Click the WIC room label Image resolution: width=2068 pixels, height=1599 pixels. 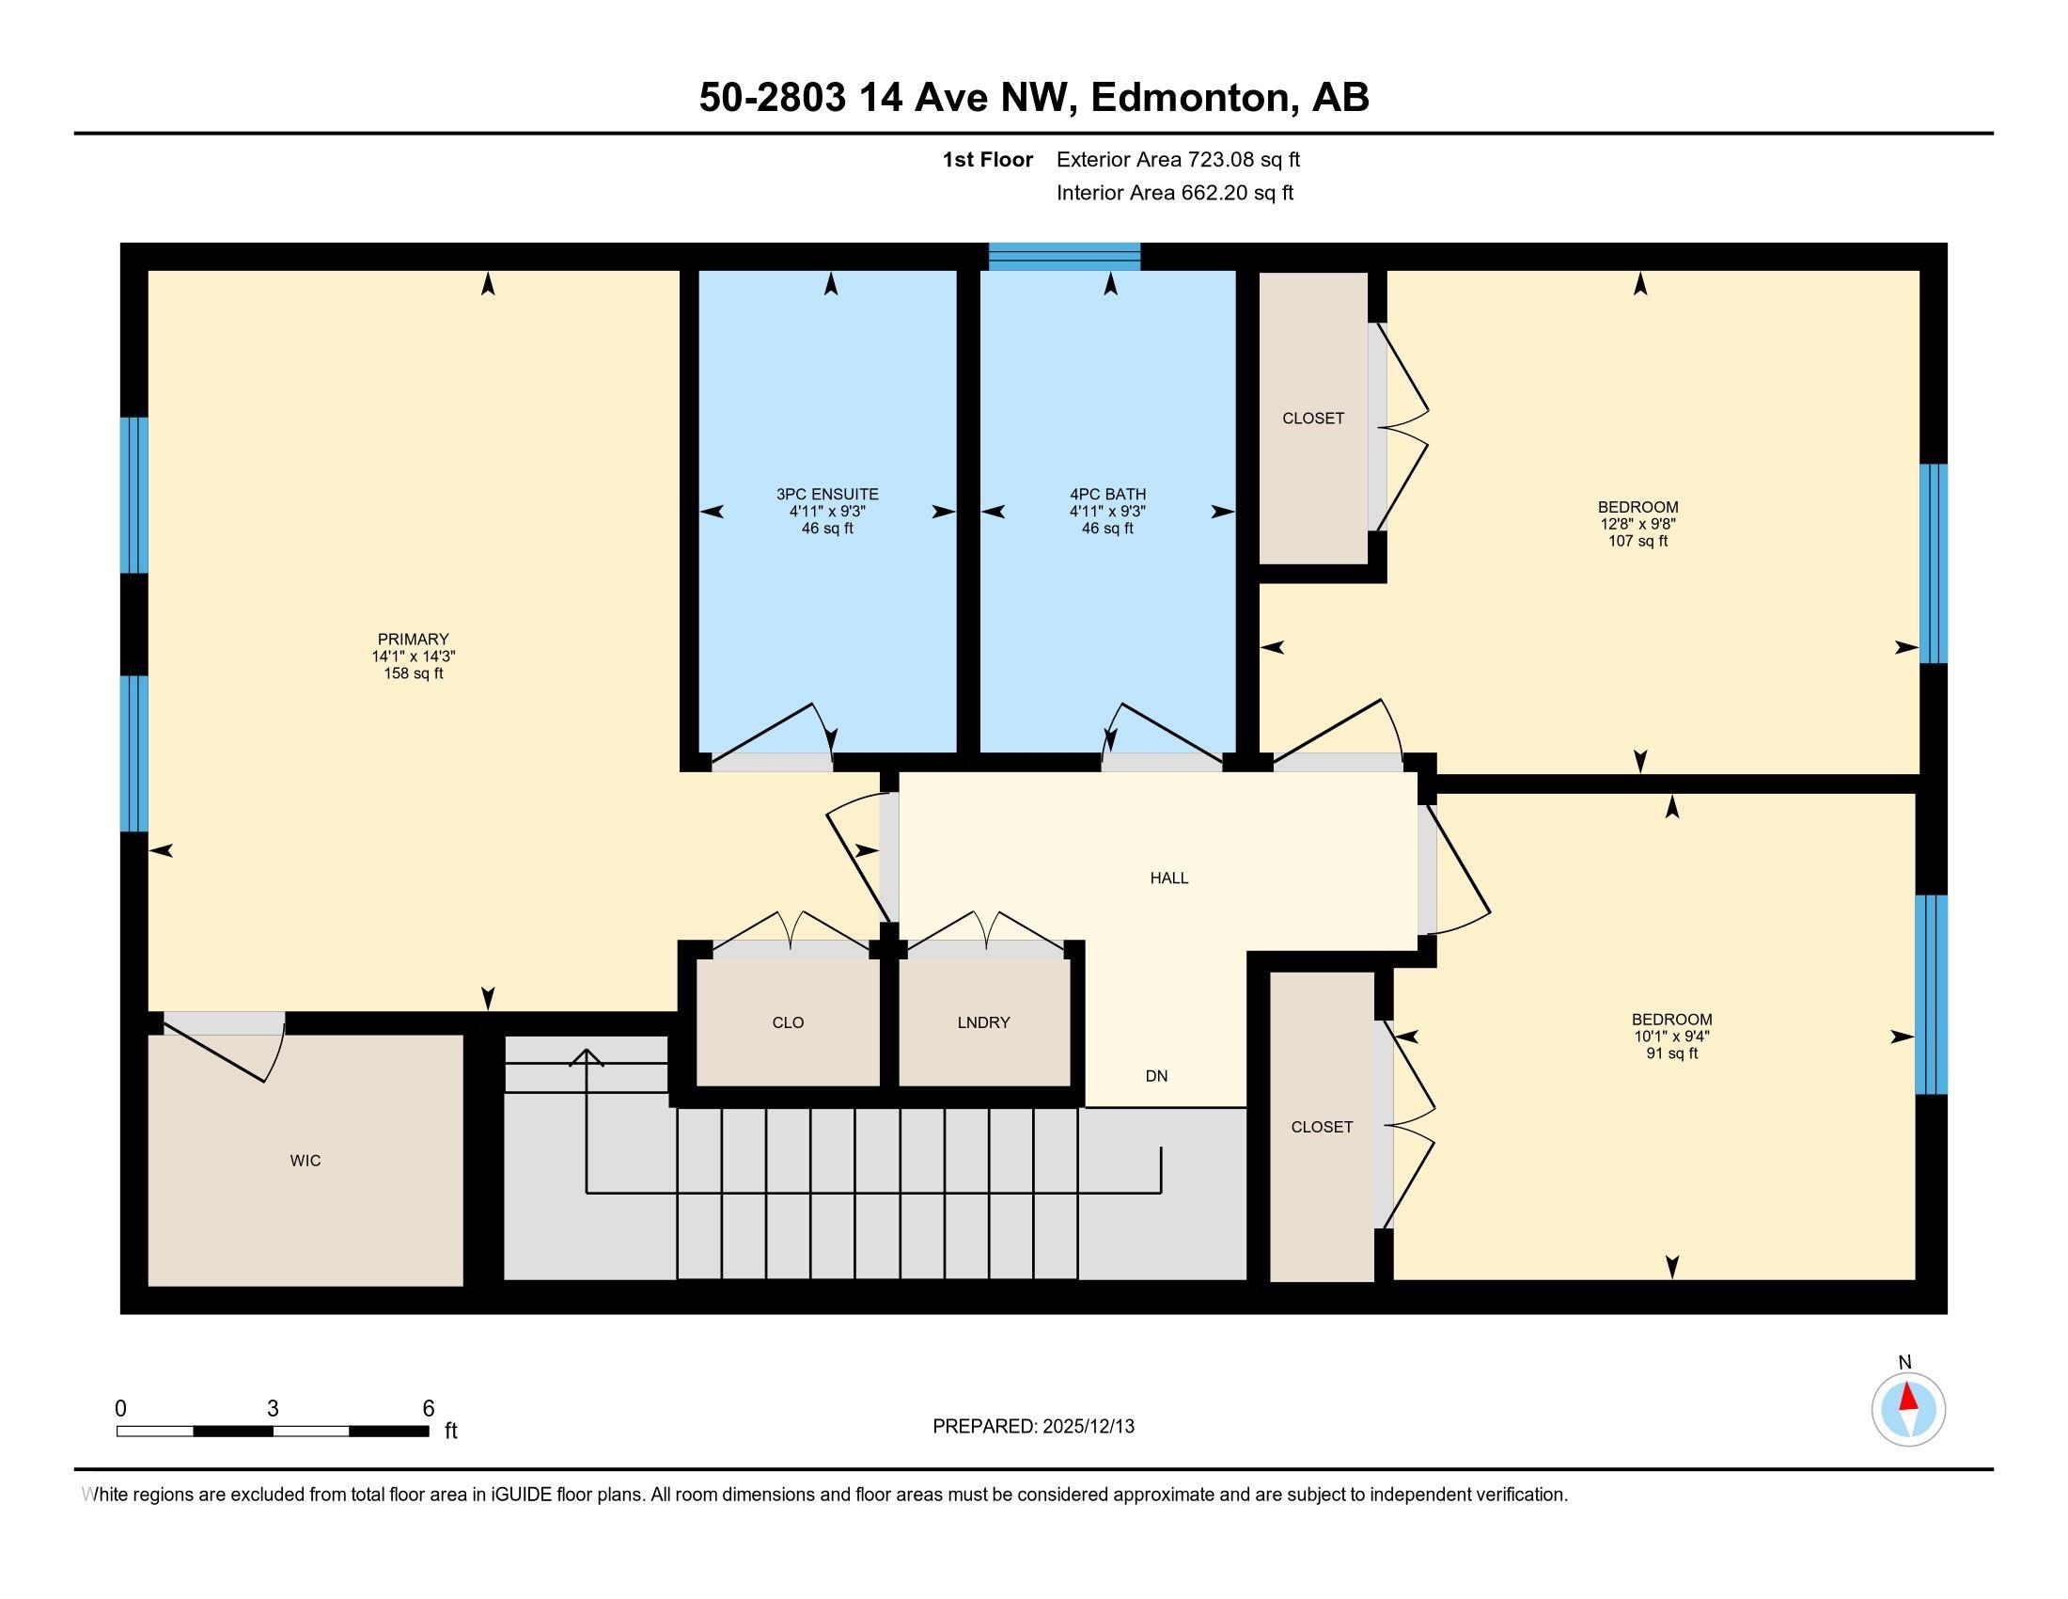coord(305,1161)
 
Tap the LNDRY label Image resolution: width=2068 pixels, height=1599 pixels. coord(983,1022)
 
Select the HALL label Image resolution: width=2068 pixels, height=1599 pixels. coord(1169,879)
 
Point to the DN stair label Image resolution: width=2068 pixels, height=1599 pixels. coord(1156,1076)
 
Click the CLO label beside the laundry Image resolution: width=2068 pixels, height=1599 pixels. coord(788,1022)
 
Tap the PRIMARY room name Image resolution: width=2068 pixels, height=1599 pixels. coord(413,640)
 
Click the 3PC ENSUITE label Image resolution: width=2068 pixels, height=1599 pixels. coord(827,495)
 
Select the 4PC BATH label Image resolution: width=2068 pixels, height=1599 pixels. coord(1108,495)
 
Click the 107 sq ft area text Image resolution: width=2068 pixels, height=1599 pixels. coord(1638,541)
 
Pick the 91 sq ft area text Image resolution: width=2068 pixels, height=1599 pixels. coord(1672,1053)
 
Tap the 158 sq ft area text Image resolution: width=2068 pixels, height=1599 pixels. coord(413,673)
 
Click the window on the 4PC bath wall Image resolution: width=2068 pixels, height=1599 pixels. coord(1064,257)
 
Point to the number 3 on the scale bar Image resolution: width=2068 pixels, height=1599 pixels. coord(273,1409)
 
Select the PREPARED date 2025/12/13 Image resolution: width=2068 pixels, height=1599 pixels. coord(1087,1427)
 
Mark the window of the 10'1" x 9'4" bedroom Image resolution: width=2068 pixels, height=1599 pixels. coord(1932,994)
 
